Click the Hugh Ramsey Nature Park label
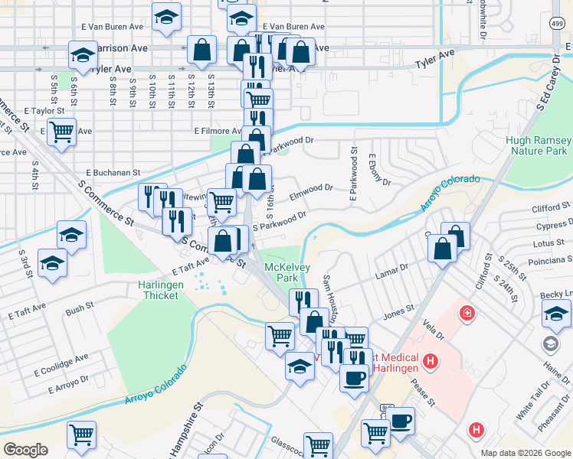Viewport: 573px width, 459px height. pos(539,146)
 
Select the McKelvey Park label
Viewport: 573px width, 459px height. pos(280,272)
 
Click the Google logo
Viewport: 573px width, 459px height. pos(25,450)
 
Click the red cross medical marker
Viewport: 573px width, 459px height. pos(466,314)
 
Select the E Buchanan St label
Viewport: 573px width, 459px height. pos(113,173)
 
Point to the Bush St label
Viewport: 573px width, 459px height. pos(80,308)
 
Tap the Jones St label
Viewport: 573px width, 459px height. pos(398,311)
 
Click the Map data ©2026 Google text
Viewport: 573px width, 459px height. pos(525,453)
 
